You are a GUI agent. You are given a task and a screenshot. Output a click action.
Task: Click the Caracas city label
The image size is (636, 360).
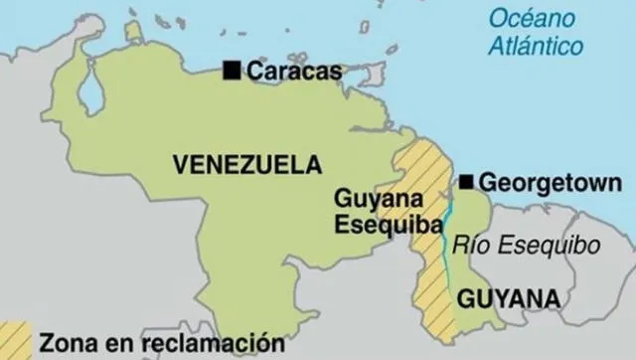point(294,71)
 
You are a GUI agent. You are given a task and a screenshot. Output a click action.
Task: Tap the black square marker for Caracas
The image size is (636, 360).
point(233,70)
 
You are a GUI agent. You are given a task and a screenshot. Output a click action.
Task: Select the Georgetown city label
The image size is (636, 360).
point(543,183)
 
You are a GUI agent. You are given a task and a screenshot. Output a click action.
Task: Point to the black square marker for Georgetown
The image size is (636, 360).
point(466,182)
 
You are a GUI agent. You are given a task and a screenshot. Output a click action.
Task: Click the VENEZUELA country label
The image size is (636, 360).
point(247,165)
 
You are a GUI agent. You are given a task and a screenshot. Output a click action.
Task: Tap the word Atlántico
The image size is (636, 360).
point(537,45)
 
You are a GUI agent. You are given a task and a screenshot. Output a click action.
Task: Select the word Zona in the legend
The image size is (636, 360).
point(67,344)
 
